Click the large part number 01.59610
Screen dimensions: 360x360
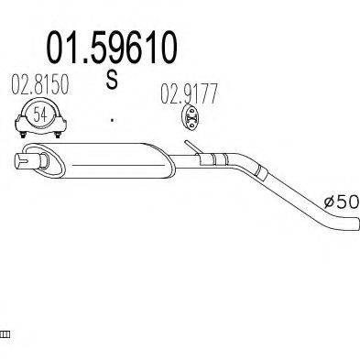pos(112,48)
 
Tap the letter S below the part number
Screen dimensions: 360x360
pos(112,79)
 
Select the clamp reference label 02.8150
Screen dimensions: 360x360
pos(40,85)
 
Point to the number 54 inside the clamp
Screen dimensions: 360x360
pos(40,115)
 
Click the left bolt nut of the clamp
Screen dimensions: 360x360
pos(22,135)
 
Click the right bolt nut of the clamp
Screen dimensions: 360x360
pos(57,135)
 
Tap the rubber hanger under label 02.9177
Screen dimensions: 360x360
pos(191,118)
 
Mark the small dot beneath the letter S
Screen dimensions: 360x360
pos(113,120)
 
